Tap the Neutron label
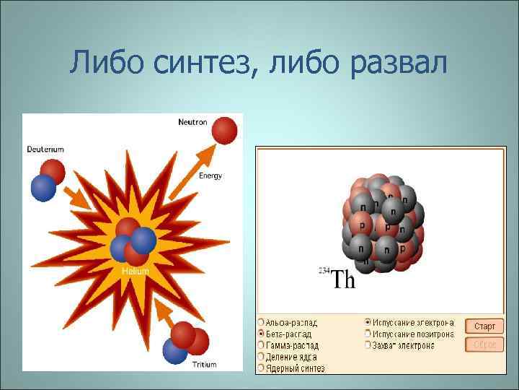click(x=192, y=122)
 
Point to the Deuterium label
click(x=45, y=149)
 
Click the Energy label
click(x=210, y=175)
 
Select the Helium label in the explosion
click(x=136, y=272)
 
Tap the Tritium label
click(x=204, y=365)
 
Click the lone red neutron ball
click(x=224, y=130)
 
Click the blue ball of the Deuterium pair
click(x=43, y=188)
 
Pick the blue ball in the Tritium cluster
click(x=175, y=351)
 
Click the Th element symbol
click(x=343, y=279)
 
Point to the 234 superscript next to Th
click(x=324, y=271)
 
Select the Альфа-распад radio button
click(x=261, y=322)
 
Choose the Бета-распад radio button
click(x=261, y=334)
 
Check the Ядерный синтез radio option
click(x=261, y=368)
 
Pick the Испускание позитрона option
click(x=368, y=334)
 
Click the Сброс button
click(x=484, y=345)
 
